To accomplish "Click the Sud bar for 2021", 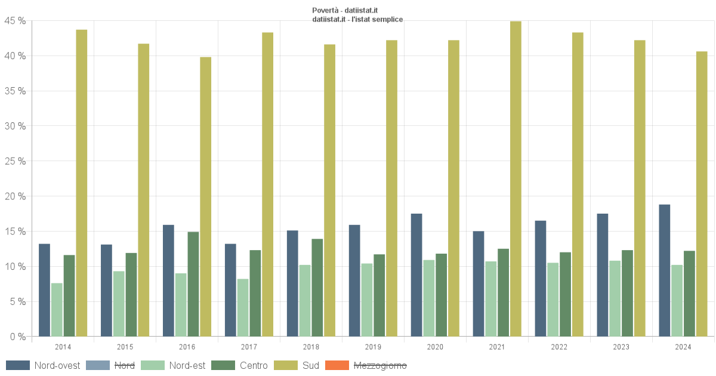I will [x=516, y=179].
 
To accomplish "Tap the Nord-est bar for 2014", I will [x=57, y=310].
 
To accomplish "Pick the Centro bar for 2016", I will [x=193, y=284].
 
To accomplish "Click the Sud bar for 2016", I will [x=206, y=197].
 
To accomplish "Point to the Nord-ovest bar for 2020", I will [x=416, y=275].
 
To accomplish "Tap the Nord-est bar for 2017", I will [x=243, y=308].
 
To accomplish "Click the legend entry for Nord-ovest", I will [x=57, y=365].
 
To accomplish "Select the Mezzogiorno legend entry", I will [x=380, y=365].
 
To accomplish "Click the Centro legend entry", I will [x=254, y=365].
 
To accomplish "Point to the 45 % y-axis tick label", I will [x=14, y=21].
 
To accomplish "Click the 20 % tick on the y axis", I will [x=14, y=196].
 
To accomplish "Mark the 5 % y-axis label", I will [x=17, y=302].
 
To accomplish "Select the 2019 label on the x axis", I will [x=373, y=347].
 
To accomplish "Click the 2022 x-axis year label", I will [x=559, y=347].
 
